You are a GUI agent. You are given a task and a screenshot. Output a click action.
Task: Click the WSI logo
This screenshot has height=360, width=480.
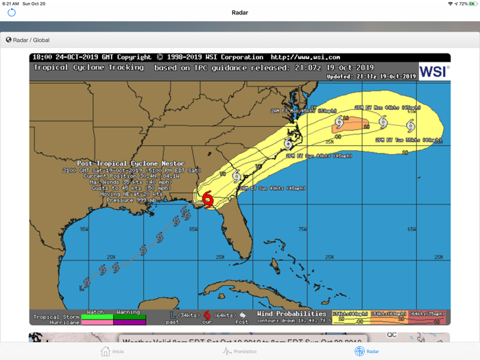(433, 71)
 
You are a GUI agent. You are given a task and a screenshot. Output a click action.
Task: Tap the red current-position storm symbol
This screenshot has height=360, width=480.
(208, 200)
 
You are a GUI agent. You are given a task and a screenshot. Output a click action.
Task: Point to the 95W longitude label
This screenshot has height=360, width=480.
(84, 229)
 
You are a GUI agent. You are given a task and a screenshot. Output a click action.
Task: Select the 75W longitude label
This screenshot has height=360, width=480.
(302, 229)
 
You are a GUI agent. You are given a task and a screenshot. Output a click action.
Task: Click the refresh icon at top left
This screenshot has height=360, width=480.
(12, 12)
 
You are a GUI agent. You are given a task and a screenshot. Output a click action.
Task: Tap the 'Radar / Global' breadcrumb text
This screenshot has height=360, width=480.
(31, 40)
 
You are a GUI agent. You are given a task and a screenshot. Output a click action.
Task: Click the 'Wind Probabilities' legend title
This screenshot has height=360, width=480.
(291, 314)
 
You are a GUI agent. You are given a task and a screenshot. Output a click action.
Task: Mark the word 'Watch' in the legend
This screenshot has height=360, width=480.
(95, 312)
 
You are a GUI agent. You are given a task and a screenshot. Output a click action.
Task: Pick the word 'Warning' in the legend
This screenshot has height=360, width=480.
(128, 312)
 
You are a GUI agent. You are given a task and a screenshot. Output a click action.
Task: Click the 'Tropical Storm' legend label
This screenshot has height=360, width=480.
(56, 317)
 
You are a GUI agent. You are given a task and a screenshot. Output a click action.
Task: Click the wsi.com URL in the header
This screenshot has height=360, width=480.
(305, 58)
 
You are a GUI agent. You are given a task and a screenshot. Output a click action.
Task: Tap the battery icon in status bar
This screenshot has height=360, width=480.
(472, 3)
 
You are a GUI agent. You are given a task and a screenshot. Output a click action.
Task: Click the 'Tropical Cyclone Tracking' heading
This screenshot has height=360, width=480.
(88, 67)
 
